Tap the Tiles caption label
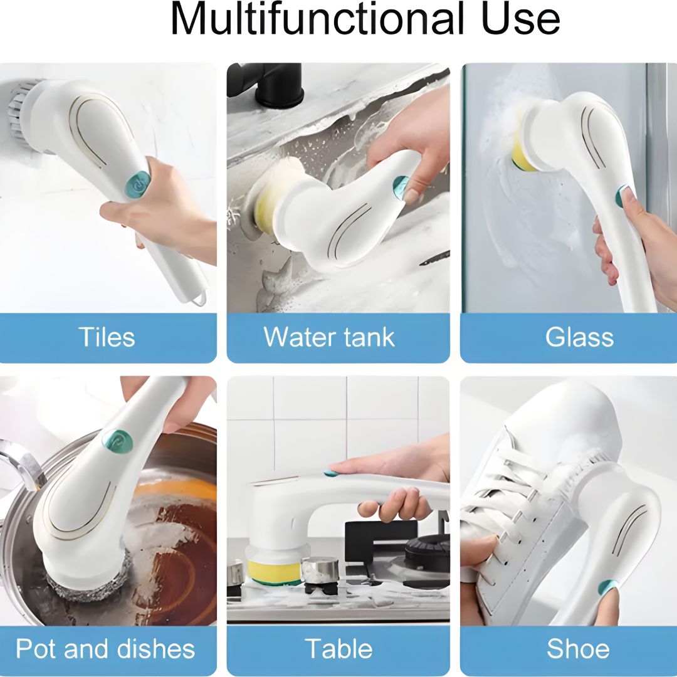106,337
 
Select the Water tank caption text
329,337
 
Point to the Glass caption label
579,337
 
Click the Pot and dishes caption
105,649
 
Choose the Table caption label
339,649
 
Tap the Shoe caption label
578,649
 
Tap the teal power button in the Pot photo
117,441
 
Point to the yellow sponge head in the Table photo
274,571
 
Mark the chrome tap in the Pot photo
21,462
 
